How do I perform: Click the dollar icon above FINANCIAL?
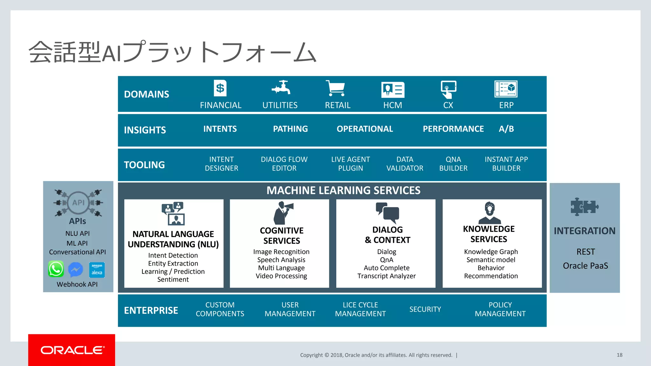220,88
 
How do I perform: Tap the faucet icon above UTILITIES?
281,87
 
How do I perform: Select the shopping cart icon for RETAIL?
335,88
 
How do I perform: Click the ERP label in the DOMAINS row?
506,105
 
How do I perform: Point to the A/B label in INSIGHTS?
506,129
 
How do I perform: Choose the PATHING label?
290,129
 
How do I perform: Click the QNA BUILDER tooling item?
453,164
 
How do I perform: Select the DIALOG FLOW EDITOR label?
284,164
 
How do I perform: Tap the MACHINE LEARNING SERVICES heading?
343,190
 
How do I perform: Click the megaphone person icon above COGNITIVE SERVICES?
283,213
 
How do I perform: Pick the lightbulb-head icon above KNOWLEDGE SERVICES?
490,213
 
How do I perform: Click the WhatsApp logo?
56,269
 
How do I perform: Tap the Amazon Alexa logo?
97,270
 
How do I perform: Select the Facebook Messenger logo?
76,270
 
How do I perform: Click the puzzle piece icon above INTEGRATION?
584,207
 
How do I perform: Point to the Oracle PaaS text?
585,266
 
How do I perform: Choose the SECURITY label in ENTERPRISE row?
425,309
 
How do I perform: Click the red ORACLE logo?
72,350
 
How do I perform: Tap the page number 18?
619,355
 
